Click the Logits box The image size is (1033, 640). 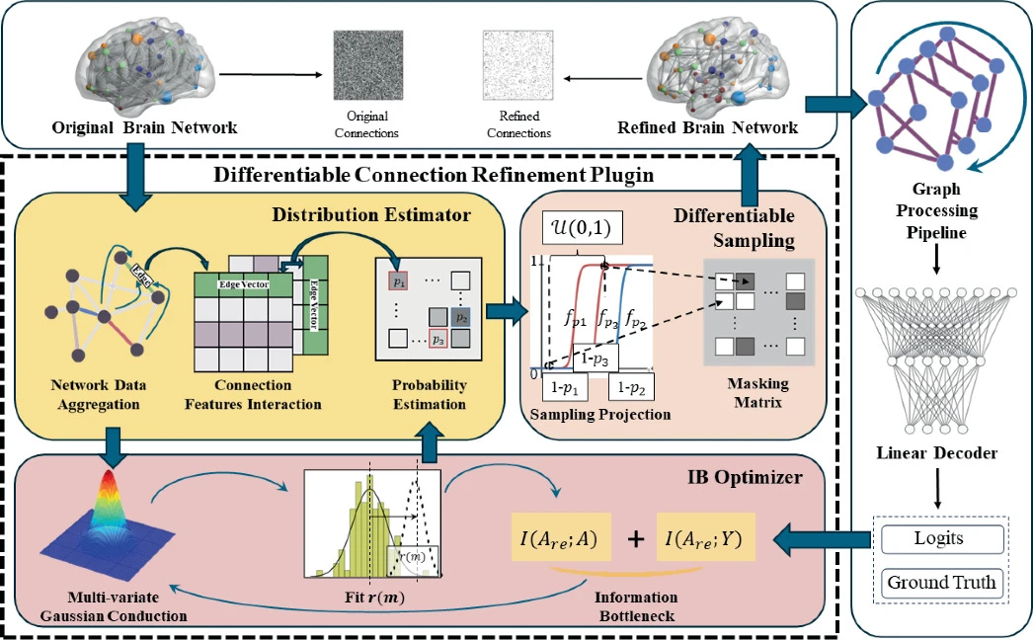tap(943, 539)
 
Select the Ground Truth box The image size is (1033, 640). tap(943, 583)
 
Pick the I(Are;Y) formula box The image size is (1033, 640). tap(705, 537)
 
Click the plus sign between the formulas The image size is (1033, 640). tap(635, 539)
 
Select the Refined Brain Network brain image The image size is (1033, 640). tap(717, 66)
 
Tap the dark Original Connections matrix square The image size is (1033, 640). tap(367, 65)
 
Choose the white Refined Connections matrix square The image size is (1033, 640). tap(517, 65)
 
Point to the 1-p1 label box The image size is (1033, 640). tap(565, 387)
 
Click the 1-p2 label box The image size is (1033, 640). tap(630, 387)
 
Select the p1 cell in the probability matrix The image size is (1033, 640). tap(399, 280)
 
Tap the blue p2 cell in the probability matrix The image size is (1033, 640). tap(460, 317)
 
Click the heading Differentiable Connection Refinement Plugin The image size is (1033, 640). tap(434, 175)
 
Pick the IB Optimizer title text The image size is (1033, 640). tap(745, 476)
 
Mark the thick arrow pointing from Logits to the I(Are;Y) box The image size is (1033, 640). tap(823, 540)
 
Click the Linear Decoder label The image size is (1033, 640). tap(937, 452)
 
